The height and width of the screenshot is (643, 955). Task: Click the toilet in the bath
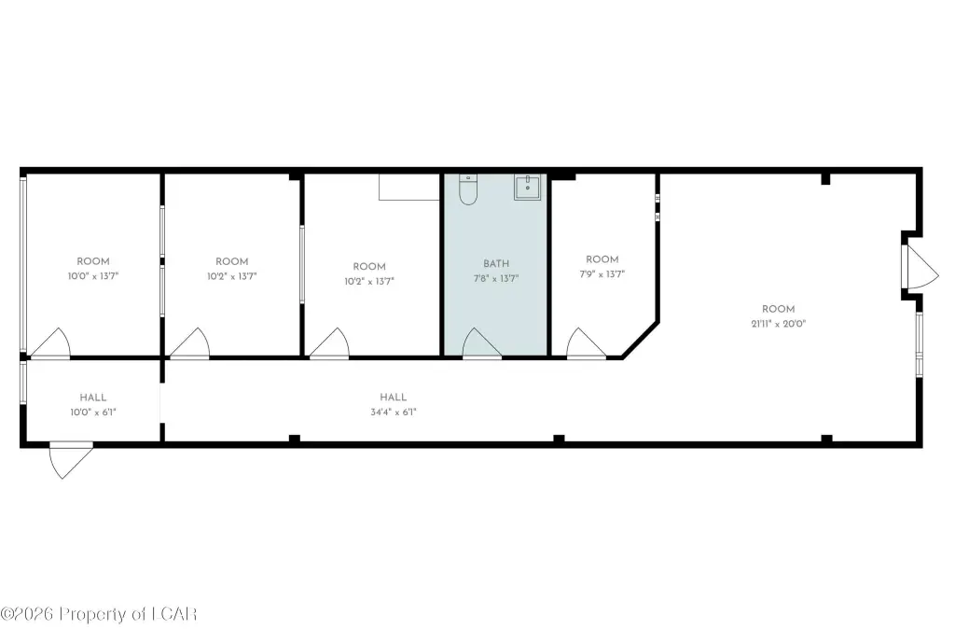click(x=468, y=189)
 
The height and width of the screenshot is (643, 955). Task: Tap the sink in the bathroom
click(x=527, y=187)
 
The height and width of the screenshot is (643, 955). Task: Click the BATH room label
click(x=496, y=264)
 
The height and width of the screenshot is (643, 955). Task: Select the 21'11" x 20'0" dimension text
click(x=778, y=324)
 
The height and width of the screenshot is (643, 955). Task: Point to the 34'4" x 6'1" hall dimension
click(x=393, y=412)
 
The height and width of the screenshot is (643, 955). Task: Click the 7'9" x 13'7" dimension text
click(x=602, y=274)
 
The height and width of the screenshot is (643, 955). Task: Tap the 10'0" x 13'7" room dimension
click(x=93, y=276)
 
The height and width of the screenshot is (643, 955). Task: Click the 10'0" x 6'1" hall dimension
click(x=93, y=412)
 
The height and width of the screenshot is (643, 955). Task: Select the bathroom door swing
click(x=481, y=343)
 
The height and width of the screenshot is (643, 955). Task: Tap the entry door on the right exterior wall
click(x=920, y=267)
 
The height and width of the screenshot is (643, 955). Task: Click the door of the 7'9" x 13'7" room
click(x=586, y=343)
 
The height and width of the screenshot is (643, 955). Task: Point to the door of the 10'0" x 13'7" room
click(x=50, y=343)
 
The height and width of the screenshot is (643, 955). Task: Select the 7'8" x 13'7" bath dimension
click(x=496, y=278)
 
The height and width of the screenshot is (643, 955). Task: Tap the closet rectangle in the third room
click(x=408, y=187)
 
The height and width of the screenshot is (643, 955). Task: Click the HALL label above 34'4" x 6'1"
click(x=393, y=398)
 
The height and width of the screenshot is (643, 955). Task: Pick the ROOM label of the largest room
click(x=778, y=309)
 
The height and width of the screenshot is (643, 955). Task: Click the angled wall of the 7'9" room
click(x=640, y=337)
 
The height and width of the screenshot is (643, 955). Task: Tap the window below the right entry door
click(x=919, y=344)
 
